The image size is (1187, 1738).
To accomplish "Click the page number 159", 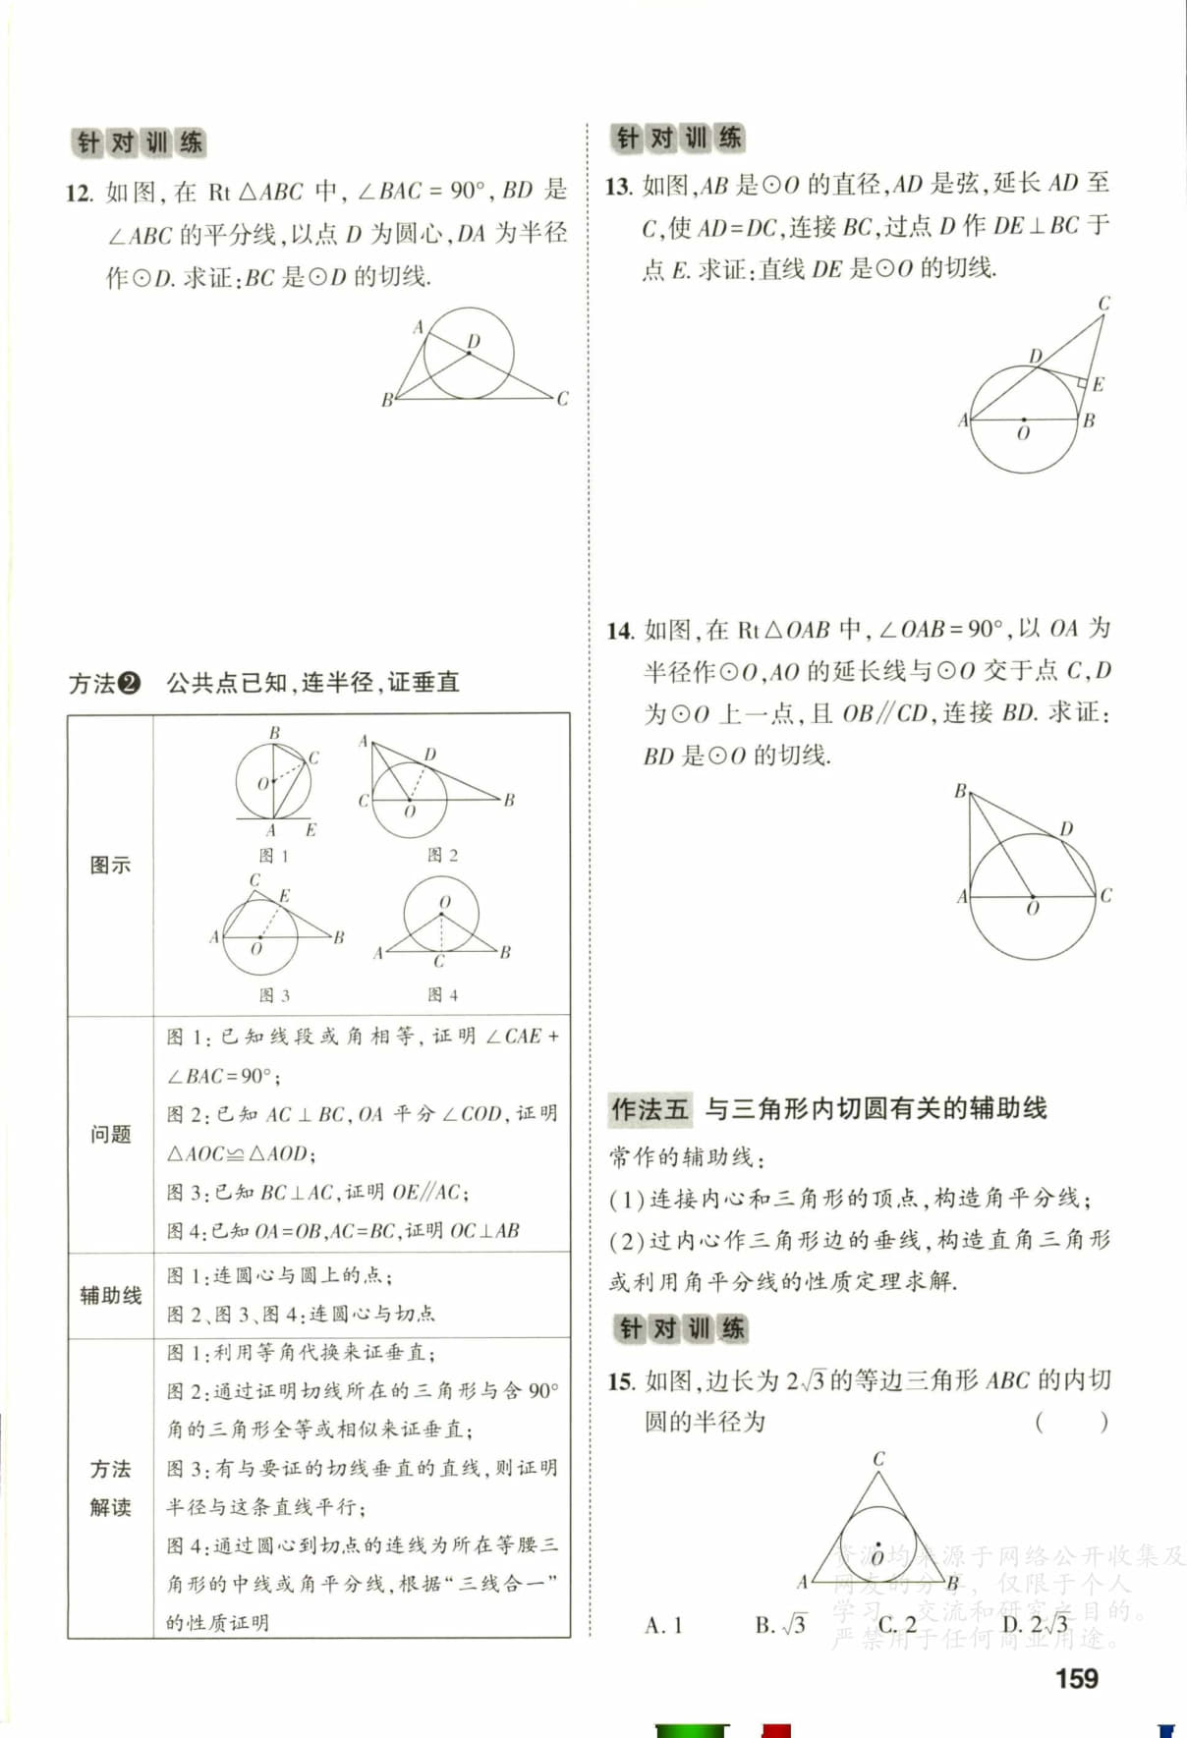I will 1077,1678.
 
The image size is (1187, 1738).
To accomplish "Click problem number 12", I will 80,192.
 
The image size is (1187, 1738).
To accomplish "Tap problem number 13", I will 618,186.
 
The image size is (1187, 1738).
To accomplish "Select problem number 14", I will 619,631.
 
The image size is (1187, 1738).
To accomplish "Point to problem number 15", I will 620,1381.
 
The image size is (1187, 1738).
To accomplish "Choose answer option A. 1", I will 663,1625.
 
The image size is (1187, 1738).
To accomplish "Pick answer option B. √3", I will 780,1625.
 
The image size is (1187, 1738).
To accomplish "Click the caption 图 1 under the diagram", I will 274,856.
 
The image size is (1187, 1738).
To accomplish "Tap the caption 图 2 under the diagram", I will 442,855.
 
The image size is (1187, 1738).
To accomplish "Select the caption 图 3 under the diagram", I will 274,995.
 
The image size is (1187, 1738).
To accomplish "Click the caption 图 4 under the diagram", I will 442,995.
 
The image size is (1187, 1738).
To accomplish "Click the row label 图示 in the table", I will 110,866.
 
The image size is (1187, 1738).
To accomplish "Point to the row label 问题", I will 110,1135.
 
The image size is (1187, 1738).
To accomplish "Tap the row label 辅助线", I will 110,1295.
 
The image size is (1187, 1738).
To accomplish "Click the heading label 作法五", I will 650,1109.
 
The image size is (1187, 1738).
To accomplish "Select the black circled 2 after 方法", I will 130,683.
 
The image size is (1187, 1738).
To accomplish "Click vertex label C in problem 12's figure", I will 562,399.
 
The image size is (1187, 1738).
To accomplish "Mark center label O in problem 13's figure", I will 1023,433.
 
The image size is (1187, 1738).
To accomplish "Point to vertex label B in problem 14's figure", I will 960,791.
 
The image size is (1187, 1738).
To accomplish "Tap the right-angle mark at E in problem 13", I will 1081,380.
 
